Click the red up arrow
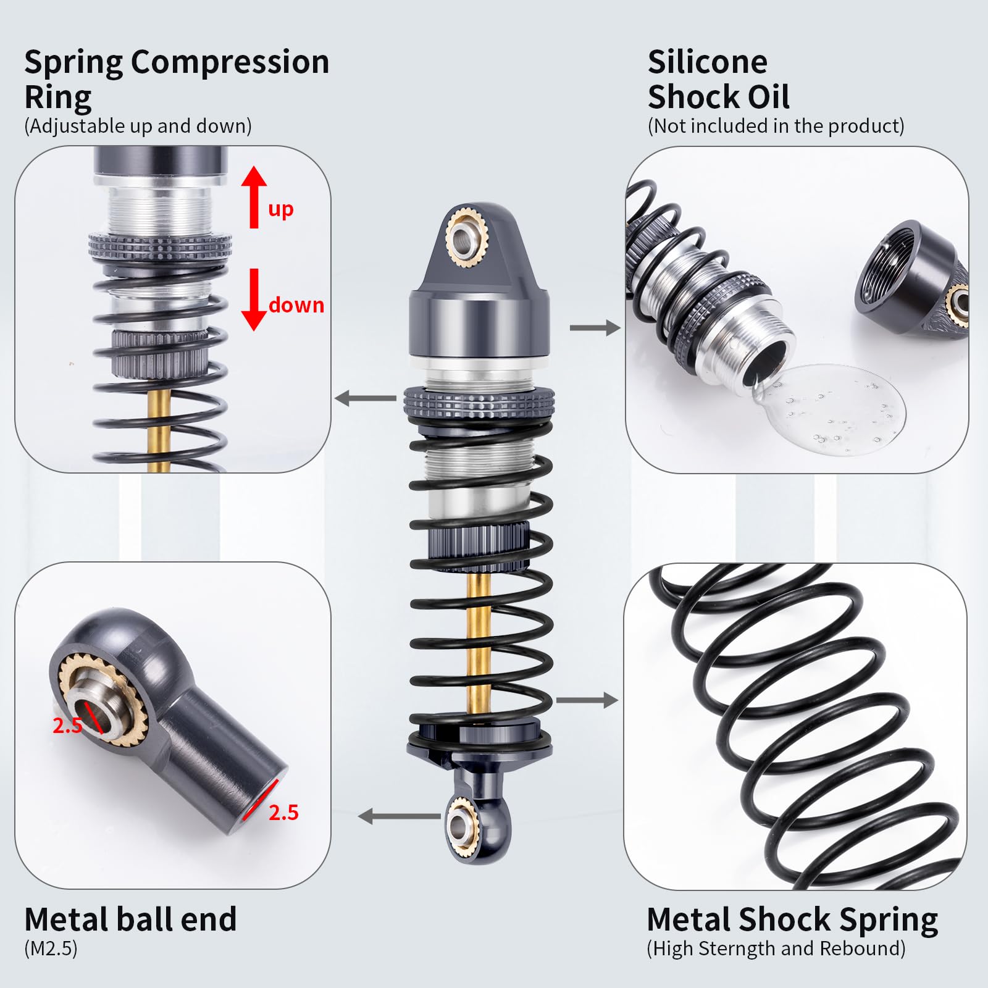254,196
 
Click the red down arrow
254,300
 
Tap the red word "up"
281,210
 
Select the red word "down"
296,304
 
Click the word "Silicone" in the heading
708,62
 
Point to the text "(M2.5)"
51,948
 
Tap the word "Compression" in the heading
230,63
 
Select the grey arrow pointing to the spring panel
587,700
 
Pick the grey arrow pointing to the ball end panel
399,816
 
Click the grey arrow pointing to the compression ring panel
366,398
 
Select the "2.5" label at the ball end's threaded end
283,813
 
